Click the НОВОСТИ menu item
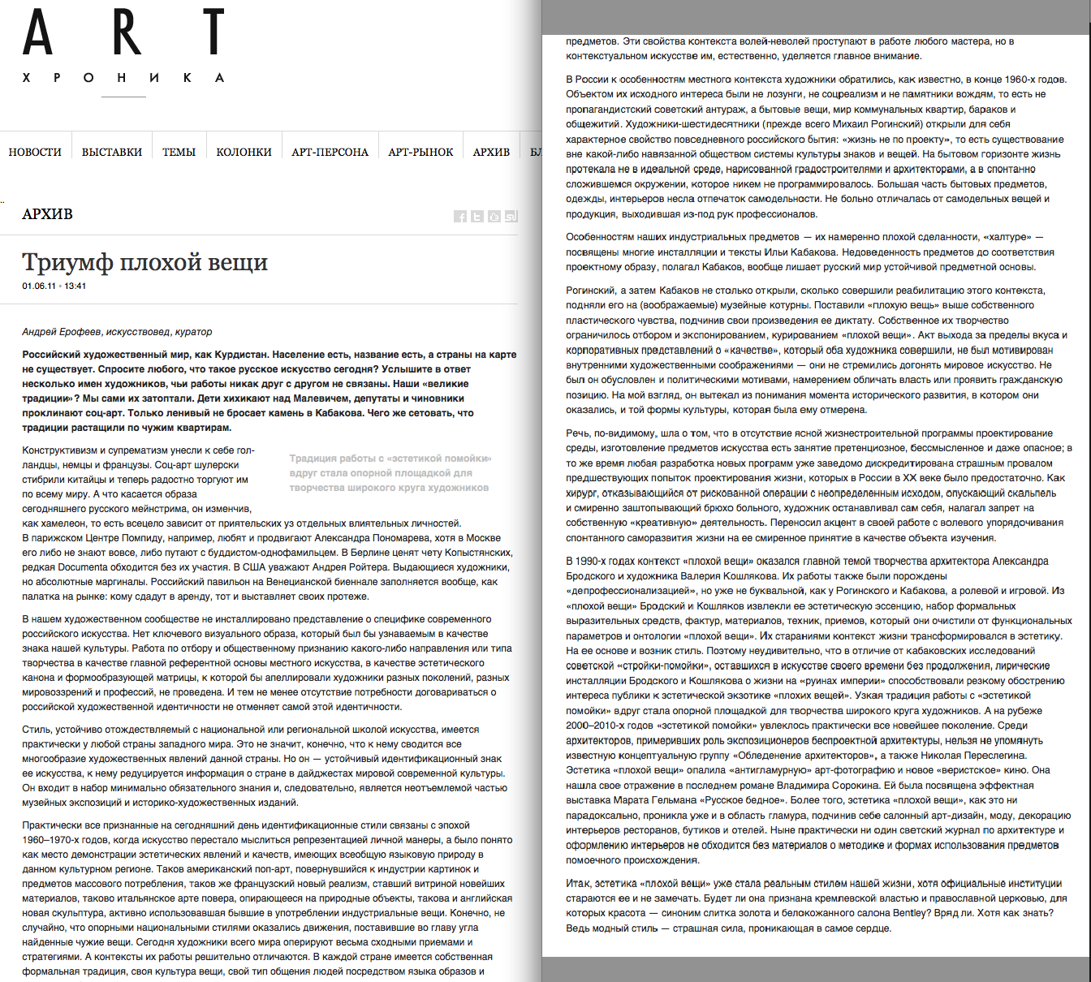pos(35,152)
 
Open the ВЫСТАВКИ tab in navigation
pos(112,152)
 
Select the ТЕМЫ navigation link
pos(179,152)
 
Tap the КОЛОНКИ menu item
pos(244,152)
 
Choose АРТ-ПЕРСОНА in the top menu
pos(330,152)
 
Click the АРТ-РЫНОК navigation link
pos(420,152)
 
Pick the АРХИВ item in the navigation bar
pos(491,152)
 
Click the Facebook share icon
pos(460,216)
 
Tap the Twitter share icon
pos(477,216)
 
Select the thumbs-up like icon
pos(494,216)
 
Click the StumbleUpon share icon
pos(511,216)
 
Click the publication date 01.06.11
pos(39,286)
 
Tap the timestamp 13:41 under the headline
pos(75,286)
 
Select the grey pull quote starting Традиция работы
pos(390,473)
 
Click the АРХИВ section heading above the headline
pos(48,214)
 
